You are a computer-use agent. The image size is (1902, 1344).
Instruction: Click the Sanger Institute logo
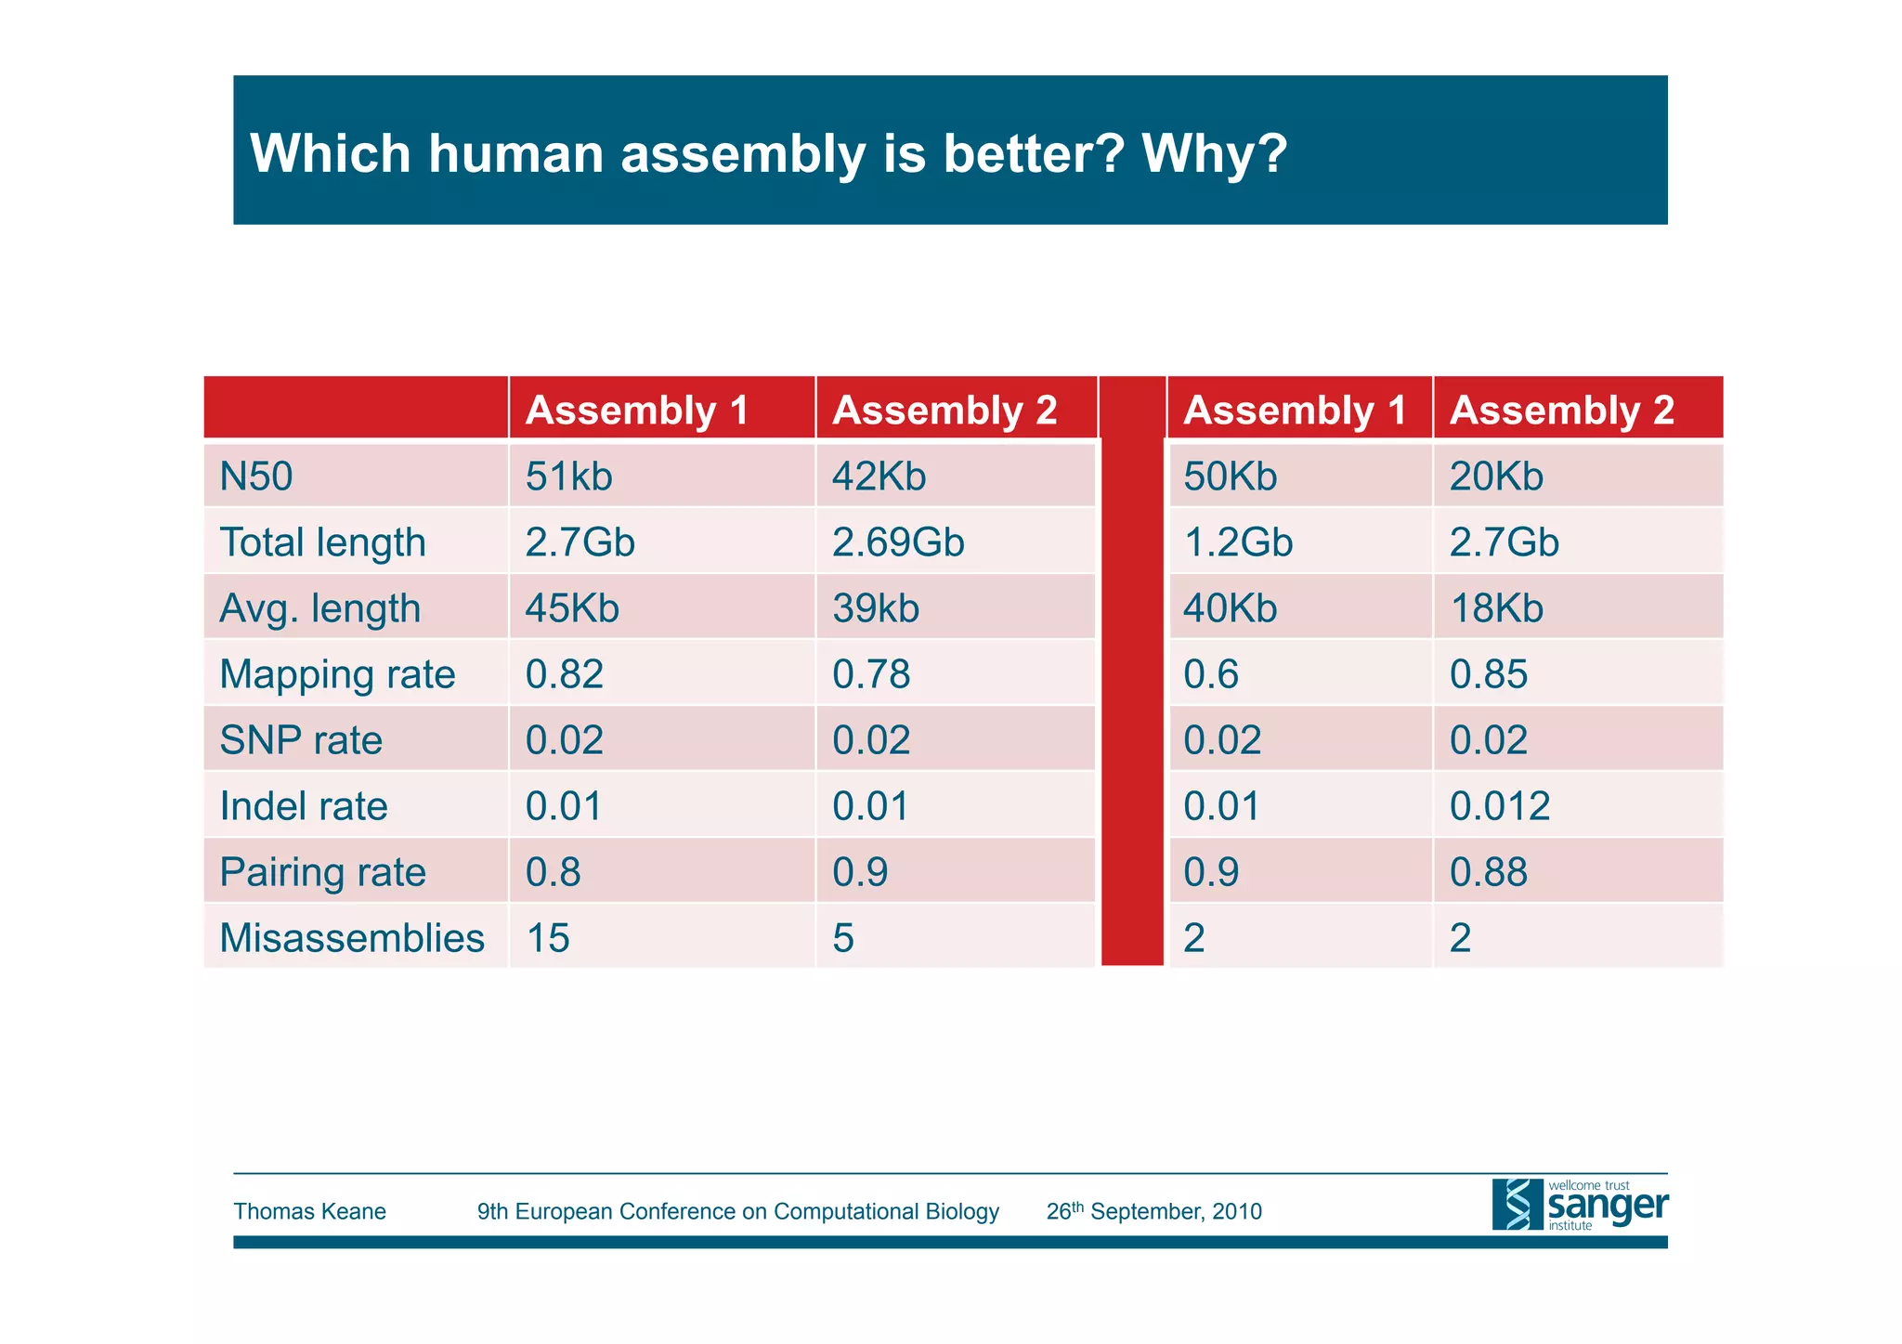click(1579, 1206)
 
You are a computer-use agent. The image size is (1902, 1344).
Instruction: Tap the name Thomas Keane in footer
click(309, 1211)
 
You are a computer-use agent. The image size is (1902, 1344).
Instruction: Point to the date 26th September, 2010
click(1153, 1211)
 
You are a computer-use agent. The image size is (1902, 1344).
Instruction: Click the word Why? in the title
click(1214, 153)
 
